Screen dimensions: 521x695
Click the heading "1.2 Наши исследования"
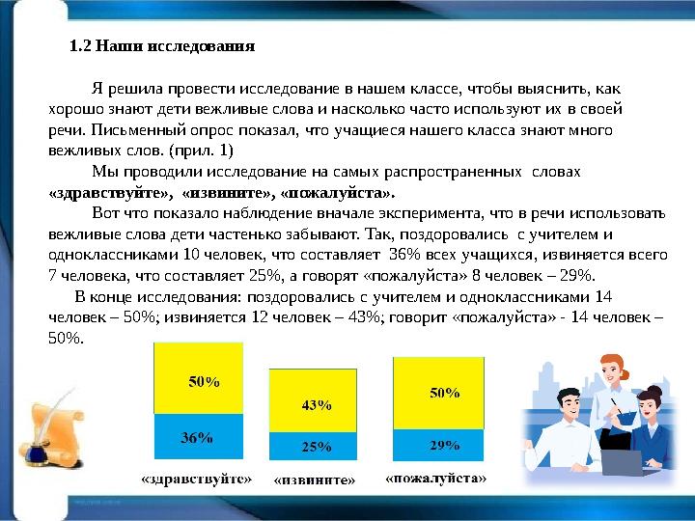point(163,45)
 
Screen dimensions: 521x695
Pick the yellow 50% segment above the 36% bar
point(202,381)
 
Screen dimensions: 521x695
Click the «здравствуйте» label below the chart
point(196,478)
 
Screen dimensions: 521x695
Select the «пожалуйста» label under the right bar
point(436,478)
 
